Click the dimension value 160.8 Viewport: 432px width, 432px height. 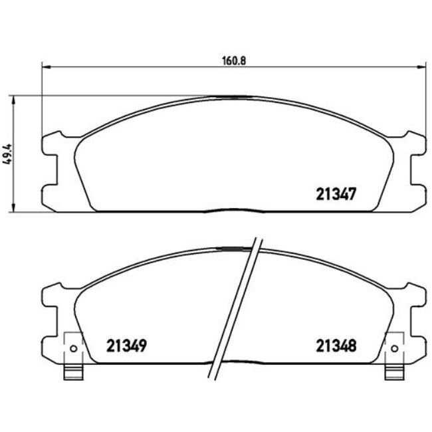pos(229,60)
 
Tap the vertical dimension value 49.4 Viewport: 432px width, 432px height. pos(7,154)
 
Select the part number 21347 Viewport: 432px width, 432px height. pos(336,193)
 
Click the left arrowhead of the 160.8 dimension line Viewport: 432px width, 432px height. pos(45,66)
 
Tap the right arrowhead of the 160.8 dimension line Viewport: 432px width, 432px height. pos(422,66)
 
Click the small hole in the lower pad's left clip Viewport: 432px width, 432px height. pos(73,350)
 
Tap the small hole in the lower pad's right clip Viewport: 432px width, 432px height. pos(393,350)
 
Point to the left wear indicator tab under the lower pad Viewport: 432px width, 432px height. pos(72,374)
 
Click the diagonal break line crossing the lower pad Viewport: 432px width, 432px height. pos(236,306)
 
